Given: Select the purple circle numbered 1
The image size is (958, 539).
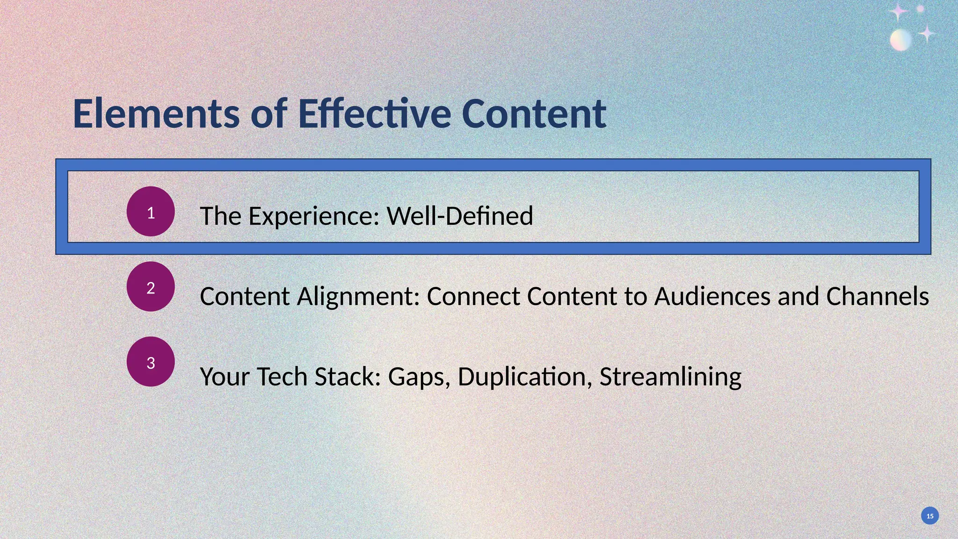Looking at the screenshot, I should (x=151, y=211).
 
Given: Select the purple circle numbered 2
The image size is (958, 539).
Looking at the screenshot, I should (x=151, y=286).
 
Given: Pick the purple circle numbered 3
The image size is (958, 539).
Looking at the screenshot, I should (x=151, y=362).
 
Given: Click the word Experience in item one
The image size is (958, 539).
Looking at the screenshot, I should (x=313, y=216).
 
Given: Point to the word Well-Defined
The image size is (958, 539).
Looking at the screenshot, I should (x=460, y=216).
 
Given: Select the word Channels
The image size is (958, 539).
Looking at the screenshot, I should (x=877, y=297).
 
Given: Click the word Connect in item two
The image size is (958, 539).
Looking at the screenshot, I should (x=473, y=297).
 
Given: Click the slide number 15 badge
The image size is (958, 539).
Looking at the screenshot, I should (x=930, y=516).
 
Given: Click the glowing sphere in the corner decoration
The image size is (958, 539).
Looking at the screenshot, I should (x=900, y=40).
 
